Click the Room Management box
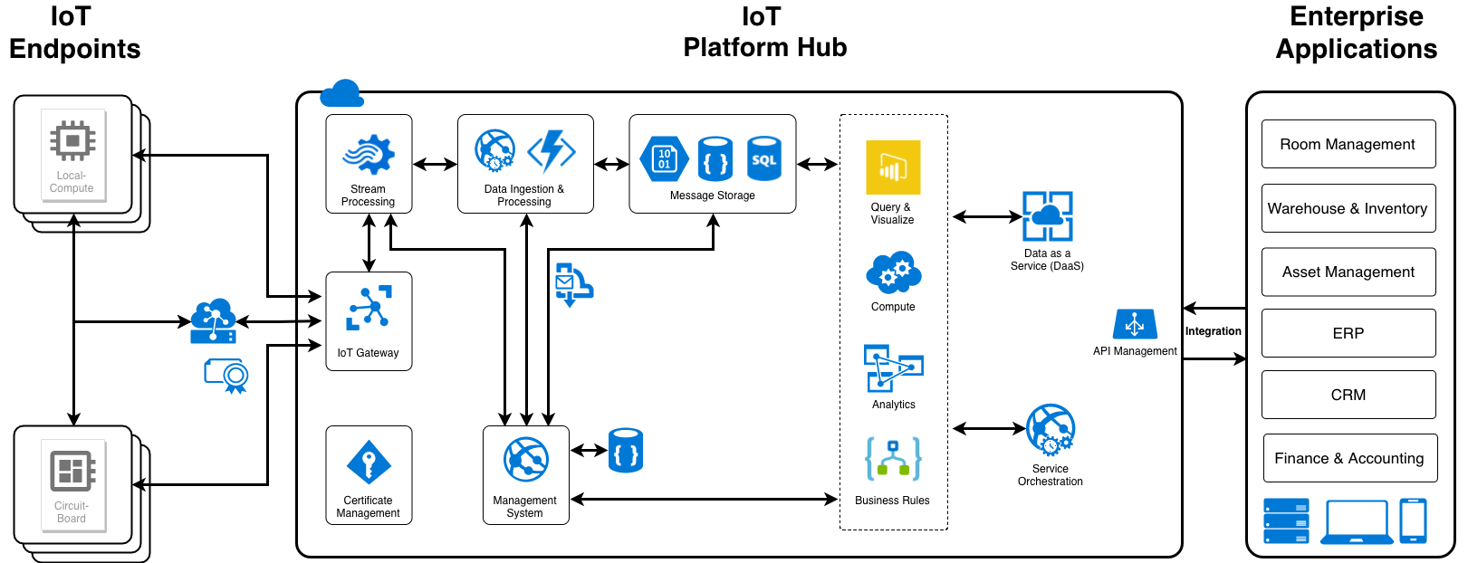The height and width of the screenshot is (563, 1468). point(1348,144)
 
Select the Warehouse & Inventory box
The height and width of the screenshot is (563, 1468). point(1348,208)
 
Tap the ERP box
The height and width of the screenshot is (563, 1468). point(1348,333)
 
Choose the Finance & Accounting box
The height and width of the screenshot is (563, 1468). point(1348,458)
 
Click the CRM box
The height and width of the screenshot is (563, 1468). point(1348,395)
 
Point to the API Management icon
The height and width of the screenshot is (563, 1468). point(1135,324)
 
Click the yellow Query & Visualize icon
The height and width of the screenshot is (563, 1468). point(892,167)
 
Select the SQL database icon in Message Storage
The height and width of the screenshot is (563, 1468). point(763,158)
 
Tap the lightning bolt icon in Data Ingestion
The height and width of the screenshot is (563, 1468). point(552,151)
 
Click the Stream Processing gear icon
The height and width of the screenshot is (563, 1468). point(369,155)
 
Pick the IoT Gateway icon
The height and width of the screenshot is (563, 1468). point(369,309)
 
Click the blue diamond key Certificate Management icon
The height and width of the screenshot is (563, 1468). point(369,463)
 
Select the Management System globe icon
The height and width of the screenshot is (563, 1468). point(526,460)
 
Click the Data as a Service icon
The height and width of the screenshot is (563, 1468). point(1047,216)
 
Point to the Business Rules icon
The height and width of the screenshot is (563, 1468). point(892,459)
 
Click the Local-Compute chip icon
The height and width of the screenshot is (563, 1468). point(72,141)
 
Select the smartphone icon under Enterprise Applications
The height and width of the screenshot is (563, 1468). point(1413,521)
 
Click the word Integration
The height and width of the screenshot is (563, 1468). point(1213,331)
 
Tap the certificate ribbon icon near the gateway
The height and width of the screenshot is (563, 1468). point(226,375)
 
